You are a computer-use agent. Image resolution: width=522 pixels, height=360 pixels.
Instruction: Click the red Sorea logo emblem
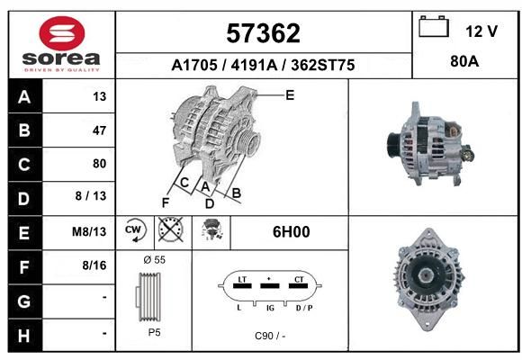[62, 33]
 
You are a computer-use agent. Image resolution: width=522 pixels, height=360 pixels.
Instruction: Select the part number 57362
[263, 33]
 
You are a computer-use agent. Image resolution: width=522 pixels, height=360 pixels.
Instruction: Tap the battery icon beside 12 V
[434, 26]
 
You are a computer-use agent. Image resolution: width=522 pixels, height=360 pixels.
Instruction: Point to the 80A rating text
[464, 61]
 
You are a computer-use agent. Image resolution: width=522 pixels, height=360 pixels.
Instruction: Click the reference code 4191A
[254, 65]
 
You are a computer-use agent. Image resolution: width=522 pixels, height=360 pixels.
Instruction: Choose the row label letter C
[24, 165]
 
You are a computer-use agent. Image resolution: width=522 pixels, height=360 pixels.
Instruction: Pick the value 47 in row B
[100, 130]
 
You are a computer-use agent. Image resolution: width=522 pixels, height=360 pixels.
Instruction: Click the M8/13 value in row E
[89, 231]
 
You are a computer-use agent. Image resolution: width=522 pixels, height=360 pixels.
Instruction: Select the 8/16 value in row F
[94, 265]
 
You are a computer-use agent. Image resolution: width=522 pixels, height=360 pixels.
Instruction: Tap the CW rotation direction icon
[135, 229]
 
